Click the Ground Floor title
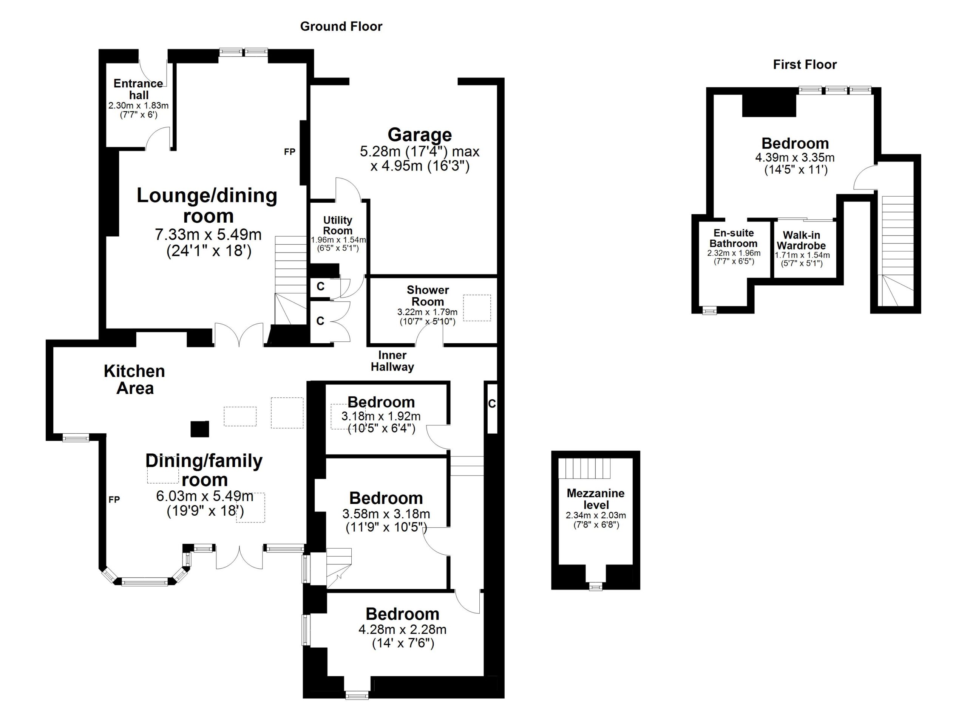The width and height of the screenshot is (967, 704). (341, 26)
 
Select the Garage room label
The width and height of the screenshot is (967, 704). (419, 135)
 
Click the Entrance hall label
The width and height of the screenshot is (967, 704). (138, 89)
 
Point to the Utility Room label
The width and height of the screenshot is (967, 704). (337, 225)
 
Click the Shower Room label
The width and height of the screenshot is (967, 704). (427, 296)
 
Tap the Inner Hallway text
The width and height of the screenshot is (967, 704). (392, 361)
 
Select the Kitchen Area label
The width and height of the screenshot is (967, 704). (134, 379)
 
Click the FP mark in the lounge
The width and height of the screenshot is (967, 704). (289, 152)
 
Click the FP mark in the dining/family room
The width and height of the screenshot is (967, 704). (114, 499)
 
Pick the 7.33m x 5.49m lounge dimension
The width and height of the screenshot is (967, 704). (208, 234)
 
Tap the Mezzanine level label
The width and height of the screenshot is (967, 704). (595, 499)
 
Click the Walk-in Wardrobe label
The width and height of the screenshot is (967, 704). (801, 240)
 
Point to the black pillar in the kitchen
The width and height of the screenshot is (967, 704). (199, 429)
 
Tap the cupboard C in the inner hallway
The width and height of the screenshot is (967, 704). (491, 404)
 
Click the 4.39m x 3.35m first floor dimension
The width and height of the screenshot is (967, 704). (795, 157)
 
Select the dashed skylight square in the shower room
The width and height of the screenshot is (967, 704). (477, 308)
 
